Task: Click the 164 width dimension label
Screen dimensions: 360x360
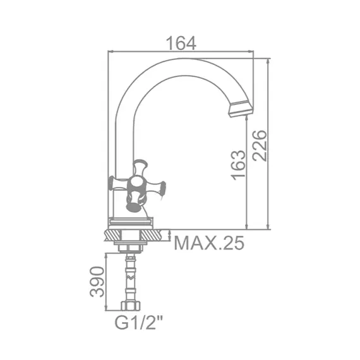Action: click(181, 43)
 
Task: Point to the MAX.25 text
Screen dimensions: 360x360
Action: click(208, 243)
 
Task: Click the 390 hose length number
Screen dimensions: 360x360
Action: click(96, 282)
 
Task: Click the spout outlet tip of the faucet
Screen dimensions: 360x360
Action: click(241, 111)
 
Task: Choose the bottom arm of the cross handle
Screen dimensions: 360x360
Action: click(133, 204)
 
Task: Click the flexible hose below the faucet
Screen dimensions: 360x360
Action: click(131, 278)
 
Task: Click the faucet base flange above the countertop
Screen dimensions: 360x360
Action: click(131, 222)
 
